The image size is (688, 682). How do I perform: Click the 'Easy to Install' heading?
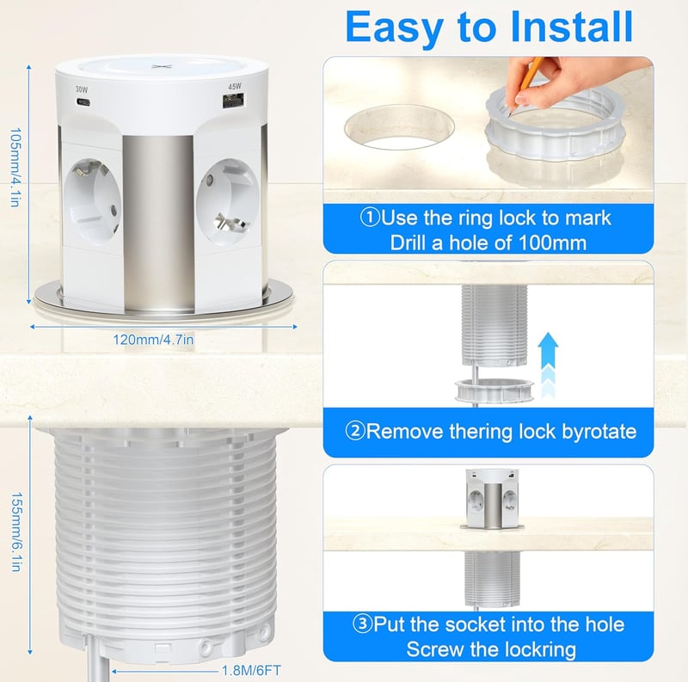coord(488,28)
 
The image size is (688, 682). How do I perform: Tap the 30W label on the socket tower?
coord(82,89)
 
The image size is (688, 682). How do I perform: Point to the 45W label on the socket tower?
coord(235,87)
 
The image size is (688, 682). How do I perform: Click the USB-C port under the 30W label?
coord(83,102)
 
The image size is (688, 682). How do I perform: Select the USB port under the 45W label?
coord(234,101)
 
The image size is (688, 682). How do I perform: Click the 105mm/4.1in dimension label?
coord(15,167)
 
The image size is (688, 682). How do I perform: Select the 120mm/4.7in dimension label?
coord(153,340)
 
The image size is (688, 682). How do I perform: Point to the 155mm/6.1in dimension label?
coord(15,531)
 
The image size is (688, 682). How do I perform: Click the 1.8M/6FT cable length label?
coord(251,671)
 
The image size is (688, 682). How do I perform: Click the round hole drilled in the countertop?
coord(399,126)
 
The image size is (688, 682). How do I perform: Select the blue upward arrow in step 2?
coord(548,366)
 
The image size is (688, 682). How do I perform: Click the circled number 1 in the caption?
coord(369,218)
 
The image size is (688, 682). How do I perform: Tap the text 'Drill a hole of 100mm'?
coord(488,243)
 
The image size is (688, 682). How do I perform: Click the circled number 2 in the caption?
coord(354,431)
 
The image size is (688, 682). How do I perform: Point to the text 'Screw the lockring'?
coord(491,649)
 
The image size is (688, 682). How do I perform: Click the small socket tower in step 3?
coord(492,499)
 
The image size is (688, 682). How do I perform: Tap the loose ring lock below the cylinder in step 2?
coord(494,390)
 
